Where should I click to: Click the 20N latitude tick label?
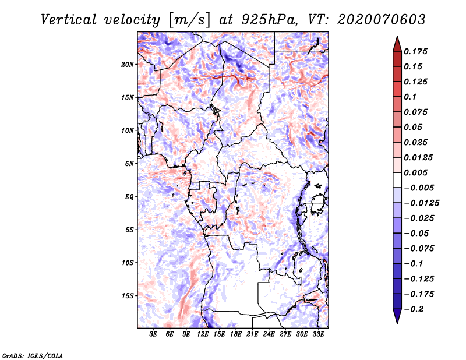point(128,64)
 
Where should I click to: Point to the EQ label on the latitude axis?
point(129,196)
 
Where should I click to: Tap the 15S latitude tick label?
point(128,295)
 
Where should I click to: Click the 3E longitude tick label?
point(154,334)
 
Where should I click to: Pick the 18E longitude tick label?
point(236,334)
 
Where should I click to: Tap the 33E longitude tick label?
point(318,334)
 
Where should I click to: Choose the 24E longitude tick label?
point(269,334)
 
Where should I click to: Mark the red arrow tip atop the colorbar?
point(396,39)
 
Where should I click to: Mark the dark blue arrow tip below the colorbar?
point(396,320)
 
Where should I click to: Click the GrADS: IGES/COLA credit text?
point(33,355)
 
